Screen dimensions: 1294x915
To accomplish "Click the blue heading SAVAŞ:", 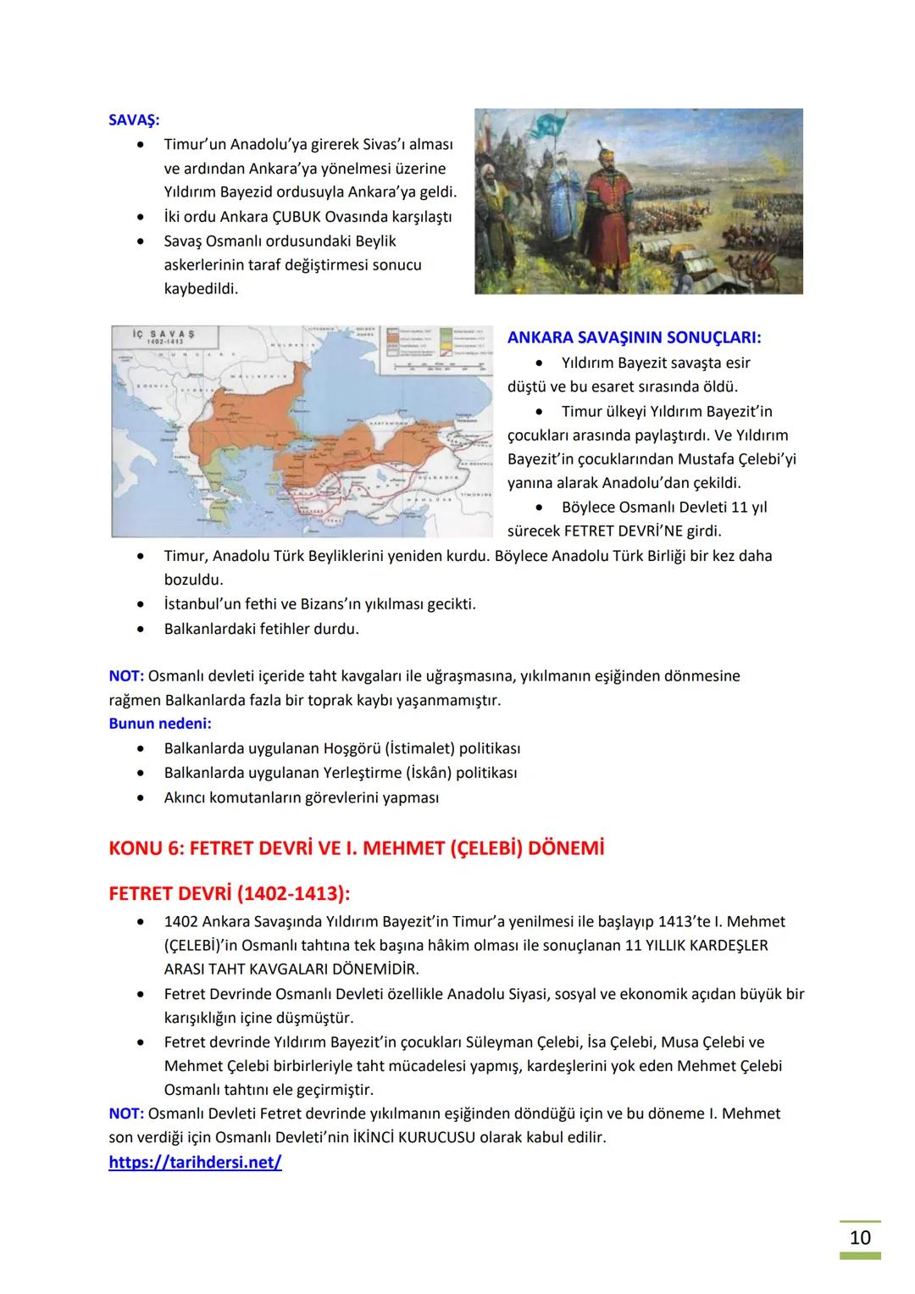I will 134,120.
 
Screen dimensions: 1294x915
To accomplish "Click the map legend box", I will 436,348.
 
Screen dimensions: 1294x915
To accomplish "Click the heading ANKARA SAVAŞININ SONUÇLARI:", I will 634,337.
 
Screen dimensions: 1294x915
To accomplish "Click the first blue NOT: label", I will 126,676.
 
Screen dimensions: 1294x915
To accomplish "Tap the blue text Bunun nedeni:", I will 160,724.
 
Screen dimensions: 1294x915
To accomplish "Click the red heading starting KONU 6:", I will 357,848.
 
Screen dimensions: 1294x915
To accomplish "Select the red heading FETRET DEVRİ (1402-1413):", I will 230,894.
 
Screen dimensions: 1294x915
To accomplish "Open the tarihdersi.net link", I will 195,1163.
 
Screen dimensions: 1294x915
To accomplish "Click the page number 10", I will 859,1238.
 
